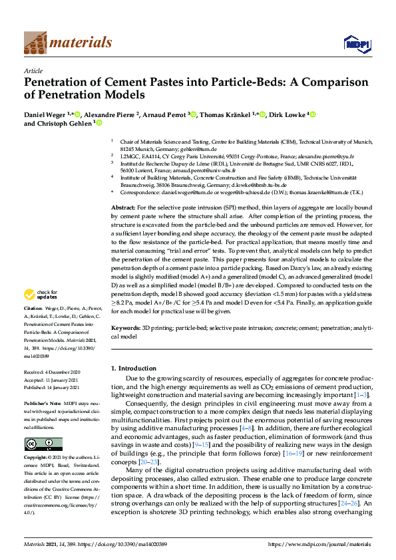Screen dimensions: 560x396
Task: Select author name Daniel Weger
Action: point(44,114)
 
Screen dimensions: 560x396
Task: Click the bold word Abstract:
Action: point(124,209)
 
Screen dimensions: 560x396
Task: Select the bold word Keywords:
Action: point(126,329)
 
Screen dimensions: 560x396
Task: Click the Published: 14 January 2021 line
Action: point(52,387)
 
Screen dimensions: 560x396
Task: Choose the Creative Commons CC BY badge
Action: point(34,444)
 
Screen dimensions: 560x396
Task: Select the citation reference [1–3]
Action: point(360,395)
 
